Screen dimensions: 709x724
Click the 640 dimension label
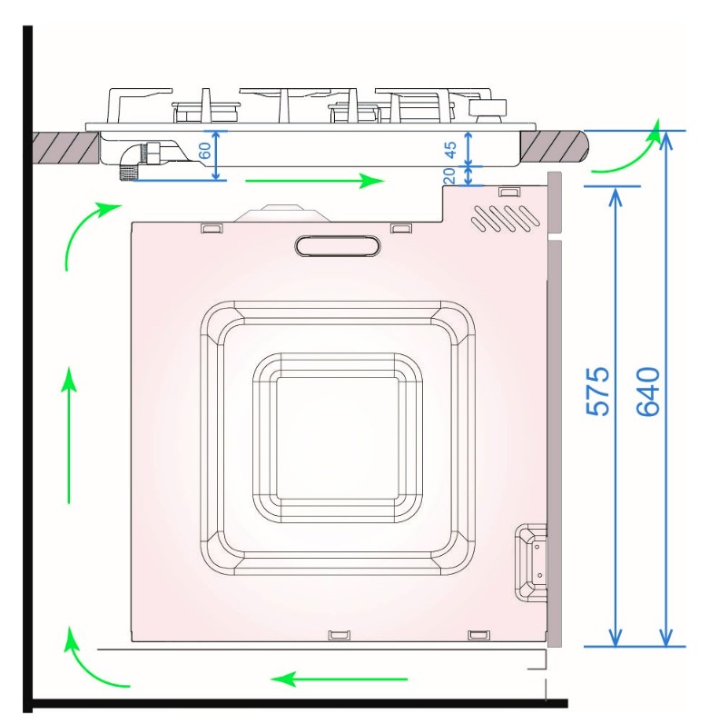[x=648, y=392]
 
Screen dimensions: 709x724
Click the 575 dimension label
[x=597, y=392]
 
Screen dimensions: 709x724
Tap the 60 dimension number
[x=204, y=151]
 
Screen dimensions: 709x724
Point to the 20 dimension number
[x=448, y=176]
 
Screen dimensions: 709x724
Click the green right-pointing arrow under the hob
[x=315, y=181]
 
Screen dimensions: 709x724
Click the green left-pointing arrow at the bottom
[x=339, y=679]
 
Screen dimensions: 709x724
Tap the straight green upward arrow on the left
[x=69, y=435]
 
